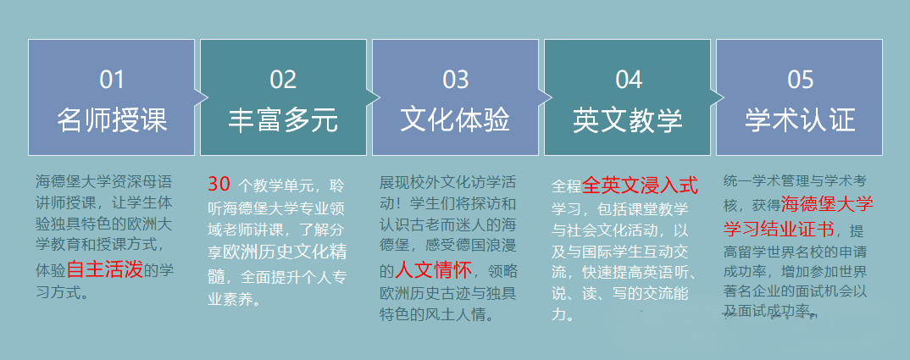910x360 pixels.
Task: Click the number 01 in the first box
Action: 112,80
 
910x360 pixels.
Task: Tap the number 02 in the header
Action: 283,80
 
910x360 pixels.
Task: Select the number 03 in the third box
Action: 455,80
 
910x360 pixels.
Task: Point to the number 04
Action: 629,80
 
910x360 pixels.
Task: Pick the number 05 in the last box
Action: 800,80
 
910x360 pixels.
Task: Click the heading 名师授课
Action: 112,119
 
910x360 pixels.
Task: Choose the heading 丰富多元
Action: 283,119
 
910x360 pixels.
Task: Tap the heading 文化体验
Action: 455,119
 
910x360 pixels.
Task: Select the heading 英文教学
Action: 629,119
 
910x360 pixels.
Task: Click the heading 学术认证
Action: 800,119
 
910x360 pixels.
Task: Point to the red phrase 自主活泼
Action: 105,270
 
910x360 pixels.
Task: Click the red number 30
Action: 219,184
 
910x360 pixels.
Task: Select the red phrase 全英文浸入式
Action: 640,185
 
